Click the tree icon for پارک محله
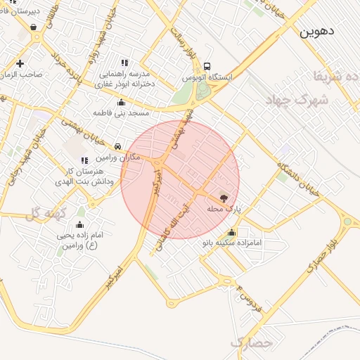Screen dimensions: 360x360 224,198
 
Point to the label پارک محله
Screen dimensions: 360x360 224,210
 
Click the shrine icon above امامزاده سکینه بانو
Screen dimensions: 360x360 232,233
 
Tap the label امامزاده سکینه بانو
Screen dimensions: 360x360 232,243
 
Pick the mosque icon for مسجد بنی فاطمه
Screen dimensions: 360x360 121,102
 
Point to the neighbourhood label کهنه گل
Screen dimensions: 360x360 44,213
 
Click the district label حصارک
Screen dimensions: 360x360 250,344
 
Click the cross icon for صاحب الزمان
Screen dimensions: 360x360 20,63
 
